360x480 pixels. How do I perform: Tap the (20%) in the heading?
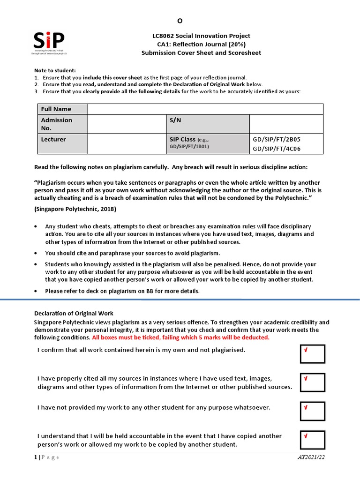point(237,45)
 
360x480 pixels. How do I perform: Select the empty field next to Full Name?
point(205,109)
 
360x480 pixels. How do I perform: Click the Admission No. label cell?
point(62,124)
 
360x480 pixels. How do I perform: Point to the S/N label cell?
point(208,124)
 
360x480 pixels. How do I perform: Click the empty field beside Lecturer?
point(127,143)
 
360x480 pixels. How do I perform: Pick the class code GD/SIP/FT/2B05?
point(277,140)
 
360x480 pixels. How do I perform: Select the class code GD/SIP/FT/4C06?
point(277,149)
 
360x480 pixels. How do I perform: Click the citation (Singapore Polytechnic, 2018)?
point(75,209)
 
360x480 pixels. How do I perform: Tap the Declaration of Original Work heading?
point(74,313)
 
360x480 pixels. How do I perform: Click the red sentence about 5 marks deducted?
point(181,337)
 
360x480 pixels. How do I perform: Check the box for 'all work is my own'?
point(313,354)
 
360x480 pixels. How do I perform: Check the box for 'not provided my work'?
point(313,411)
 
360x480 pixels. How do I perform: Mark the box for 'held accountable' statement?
point(313,440)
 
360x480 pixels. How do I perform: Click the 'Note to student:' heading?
point(55,70)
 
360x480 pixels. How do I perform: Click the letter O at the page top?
point(180,21)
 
